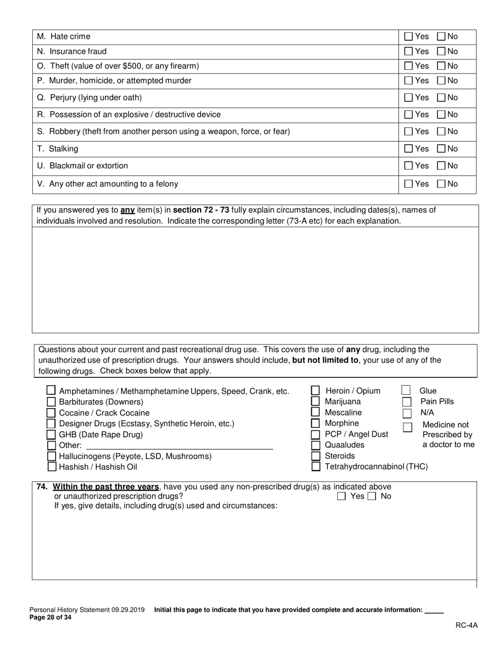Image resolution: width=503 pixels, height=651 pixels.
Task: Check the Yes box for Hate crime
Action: (x=408, y=37)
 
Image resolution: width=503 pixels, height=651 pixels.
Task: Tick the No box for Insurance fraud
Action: (x=441, y=51)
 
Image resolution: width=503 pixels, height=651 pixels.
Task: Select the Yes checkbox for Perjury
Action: (x=408, y=97)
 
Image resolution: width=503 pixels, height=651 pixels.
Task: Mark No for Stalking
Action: (x=441, y=149)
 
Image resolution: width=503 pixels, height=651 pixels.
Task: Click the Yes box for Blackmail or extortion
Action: (x=408, y=166)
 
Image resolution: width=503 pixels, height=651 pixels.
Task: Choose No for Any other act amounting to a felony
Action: (x=441, y=184)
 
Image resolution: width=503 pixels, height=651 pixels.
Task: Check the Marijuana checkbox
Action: (x=315, y=402)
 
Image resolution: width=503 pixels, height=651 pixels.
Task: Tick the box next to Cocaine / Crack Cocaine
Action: (x=51, y=413)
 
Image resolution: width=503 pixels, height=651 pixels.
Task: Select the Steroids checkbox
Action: (x=315, y=456)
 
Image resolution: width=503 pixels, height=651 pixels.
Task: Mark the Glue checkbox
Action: (x=406, y=391)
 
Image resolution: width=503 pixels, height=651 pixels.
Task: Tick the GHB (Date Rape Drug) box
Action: (x=51, y=435)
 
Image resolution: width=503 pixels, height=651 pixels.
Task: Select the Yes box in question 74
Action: (x=342, y=496)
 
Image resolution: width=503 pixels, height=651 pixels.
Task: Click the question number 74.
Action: (x=42, y=487)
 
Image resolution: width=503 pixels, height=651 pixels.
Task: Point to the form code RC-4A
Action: (x=466, y=625)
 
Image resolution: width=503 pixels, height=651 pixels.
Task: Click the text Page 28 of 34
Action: (x=50, y=617)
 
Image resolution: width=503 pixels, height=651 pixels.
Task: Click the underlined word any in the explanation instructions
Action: (x=128, y=210)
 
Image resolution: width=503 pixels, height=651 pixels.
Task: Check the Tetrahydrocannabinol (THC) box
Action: (x=316, y=467)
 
